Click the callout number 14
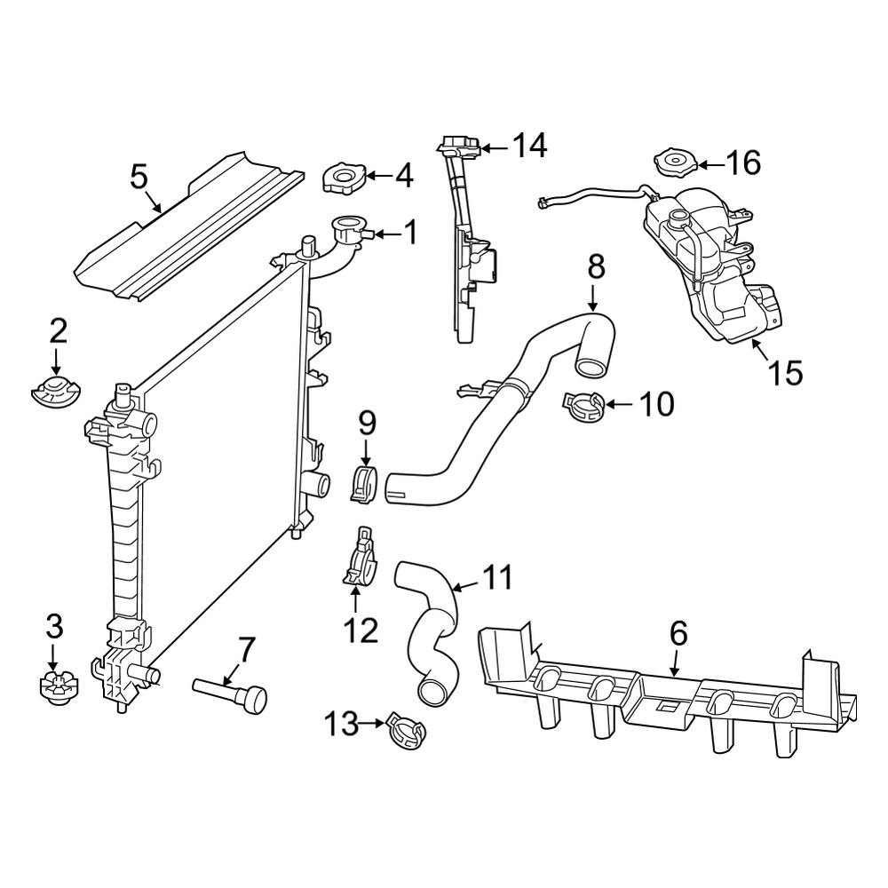pyautogui.click(x=530, y=146)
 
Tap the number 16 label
pyautogui.click(x=743, y=163)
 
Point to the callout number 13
pyautogui.click(x=342, y=724)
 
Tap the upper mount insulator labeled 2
pyautogui.click(x=55, y=390)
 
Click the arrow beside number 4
pyautogui.click(x=379, y=176)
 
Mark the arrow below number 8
pyautogui.click(x=593, y=297)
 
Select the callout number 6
pyautogui.click(x=678, y=634)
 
